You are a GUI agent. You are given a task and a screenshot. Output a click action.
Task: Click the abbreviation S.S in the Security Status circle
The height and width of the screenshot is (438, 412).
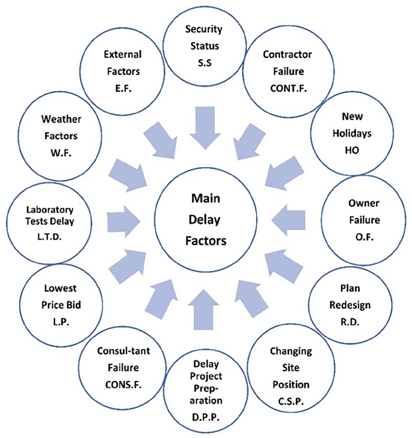[x=205, y=63]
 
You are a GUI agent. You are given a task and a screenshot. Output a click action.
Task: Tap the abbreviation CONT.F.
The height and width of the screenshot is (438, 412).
[x=288, y=89]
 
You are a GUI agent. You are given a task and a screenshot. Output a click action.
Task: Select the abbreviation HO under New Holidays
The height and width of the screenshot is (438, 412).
[x=352, y=150]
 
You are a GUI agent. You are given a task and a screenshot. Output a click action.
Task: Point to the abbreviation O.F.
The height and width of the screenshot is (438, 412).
[x=364, y=237]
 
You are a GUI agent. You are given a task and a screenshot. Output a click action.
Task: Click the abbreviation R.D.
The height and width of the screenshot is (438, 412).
[x=350, y=322]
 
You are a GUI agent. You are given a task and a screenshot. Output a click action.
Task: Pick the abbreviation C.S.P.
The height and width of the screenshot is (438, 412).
[x=291, y=401]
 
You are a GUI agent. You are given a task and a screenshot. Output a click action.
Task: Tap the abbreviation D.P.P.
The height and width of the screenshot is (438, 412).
[x=206, y=417]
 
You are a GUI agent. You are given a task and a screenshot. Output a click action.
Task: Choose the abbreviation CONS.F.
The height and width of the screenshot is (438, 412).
[x=123, y=385]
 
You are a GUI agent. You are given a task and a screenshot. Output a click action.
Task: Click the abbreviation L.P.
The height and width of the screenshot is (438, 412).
[x=61, y=322]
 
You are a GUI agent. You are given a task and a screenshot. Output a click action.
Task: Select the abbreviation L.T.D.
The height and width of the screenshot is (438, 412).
[x=49, y=237]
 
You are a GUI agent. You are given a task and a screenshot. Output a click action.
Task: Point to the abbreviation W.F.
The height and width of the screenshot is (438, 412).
[x=61, y=153]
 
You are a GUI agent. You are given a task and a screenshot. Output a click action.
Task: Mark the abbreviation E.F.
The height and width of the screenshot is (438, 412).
[x=123, y=89]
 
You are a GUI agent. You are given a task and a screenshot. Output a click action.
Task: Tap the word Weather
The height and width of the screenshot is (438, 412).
[x=61, y=119]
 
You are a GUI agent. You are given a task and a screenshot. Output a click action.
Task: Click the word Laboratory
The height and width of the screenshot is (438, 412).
[x=50, y=210]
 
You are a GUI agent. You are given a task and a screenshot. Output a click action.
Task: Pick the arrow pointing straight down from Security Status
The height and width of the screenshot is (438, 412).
[x=205, y=128]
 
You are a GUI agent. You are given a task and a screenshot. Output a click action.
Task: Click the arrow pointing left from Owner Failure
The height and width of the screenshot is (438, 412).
[x=288, y=220]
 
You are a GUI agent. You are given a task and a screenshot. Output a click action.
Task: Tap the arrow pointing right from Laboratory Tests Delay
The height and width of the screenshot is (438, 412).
[x=124, y=222]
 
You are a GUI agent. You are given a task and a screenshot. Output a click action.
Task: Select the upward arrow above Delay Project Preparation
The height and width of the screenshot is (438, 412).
[x=204, y=310]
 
